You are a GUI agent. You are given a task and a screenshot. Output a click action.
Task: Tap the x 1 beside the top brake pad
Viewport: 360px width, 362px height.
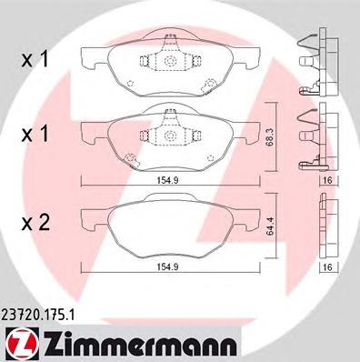point(35,61)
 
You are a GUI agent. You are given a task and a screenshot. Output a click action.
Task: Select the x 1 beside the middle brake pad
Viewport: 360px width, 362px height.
point(35,134)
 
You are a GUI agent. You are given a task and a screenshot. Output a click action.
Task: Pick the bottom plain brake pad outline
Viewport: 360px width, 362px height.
point(167,227)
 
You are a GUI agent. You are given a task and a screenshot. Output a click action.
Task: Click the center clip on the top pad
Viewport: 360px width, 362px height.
point(169,61)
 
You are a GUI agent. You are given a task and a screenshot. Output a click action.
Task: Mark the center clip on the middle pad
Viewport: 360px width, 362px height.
point(169,136)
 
